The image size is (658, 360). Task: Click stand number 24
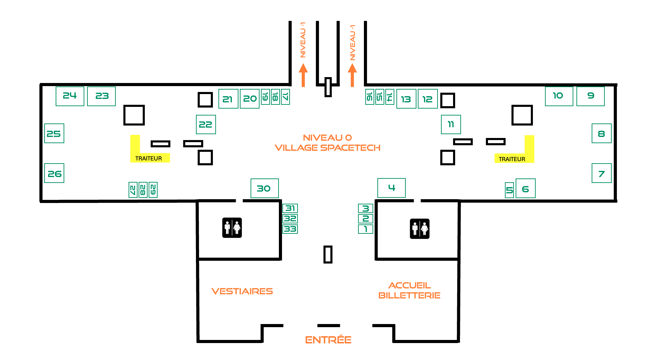(70, 96)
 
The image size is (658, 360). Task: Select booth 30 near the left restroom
(264, 188)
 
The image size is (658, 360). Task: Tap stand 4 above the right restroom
(392, 188)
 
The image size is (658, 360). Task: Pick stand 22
(206, 124)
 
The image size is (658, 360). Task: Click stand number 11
(451, 124)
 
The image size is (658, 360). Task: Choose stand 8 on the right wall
(602, 133)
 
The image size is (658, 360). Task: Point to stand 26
(54, 173)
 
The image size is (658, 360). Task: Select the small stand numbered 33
(290, 229)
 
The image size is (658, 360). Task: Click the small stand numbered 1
(366, 229)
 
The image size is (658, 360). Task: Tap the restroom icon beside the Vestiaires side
(232, 228)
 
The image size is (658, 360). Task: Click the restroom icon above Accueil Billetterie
(420, 229)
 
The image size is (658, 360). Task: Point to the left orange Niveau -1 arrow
(303, 75)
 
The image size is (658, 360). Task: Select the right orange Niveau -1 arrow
(352, 75)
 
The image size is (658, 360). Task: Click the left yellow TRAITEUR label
(149, 158)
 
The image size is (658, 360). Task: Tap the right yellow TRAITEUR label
(512, 159)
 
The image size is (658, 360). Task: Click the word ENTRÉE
(328, 340)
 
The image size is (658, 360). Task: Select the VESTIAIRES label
(242, 291)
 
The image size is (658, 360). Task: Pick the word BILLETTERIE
(410, 295)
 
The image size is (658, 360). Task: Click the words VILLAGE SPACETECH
(328, 148)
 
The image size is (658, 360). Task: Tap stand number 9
(591, 96)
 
